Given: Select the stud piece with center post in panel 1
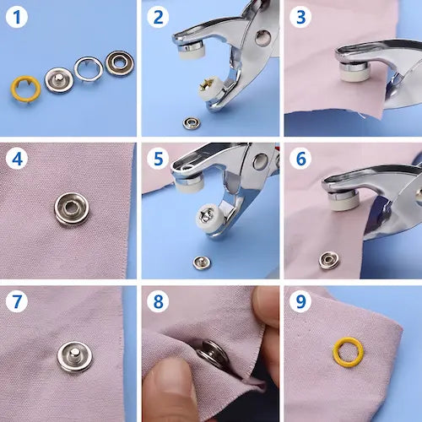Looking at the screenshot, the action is (59, 80).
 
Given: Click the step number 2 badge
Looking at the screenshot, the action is (158, 17).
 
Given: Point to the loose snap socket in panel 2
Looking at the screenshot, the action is (192, 123).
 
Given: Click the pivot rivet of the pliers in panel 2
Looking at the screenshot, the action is (263, 37).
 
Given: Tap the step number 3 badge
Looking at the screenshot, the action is (300, 17).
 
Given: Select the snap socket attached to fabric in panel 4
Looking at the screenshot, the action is (72, 208).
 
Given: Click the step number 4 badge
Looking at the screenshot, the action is (17, 159).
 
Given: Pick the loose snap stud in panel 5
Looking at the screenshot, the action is (202, 262).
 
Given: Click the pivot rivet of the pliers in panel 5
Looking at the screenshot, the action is (260, 161).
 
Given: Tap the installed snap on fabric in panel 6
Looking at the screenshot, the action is (329, 260).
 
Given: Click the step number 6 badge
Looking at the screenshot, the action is (300, 159).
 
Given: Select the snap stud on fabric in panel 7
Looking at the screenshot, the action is (74, 357).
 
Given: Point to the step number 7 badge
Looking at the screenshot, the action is (17, 301).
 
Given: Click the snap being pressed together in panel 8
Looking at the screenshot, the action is (214, 355).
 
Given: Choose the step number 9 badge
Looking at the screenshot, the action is (300, 301).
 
